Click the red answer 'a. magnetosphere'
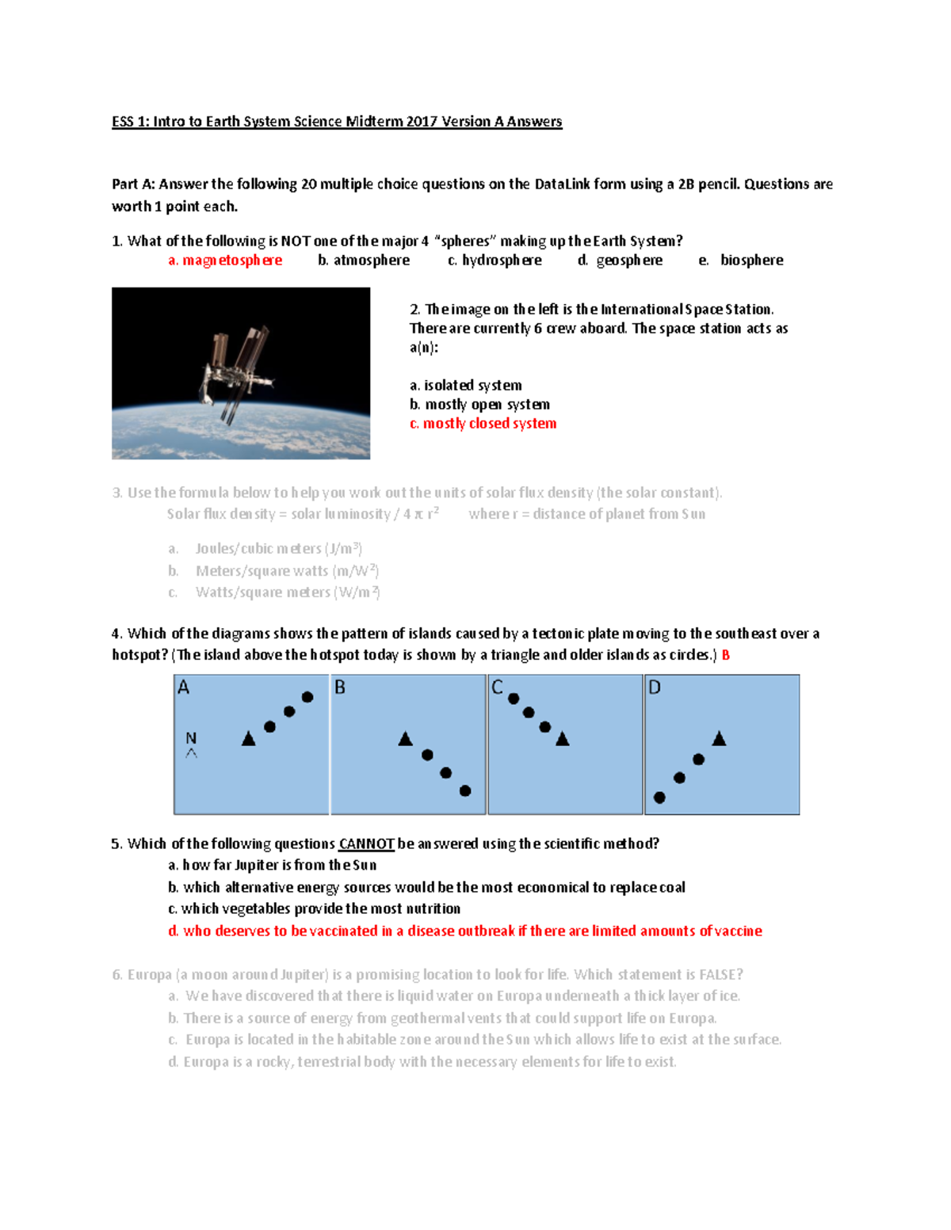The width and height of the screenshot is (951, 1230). [x=225, y=261]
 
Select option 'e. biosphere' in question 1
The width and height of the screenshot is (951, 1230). [x=742, y=261]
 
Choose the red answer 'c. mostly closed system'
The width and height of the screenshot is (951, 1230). [x=483, y=424]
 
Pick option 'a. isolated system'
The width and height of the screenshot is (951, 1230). [x=465, y=386]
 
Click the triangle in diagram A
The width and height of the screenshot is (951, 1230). [x=248, y=739]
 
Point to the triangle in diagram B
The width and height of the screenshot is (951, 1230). [x=405, y=739]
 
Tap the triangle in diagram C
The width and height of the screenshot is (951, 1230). [x=563, y=739]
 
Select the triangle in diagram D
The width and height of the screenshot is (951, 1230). [x=719, y=739]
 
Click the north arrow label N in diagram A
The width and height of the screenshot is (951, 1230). [x=191, y=738]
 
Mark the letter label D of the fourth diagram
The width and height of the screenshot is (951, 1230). [x=655, y=687]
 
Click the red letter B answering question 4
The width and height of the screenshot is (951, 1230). [x=725, y=655]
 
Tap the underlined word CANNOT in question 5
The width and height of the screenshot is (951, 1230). [x=366, y=844]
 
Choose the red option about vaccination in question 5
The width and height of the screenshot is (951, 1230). [x=465, y=931]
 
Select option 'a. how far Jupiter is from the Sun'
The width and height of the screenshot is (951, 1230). [x=272, y=866]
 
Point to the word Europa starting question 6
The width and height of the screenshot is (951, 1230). [x=149, y=975]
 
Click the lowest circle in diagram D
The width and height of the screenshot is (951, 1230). [x=659, y=798]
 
